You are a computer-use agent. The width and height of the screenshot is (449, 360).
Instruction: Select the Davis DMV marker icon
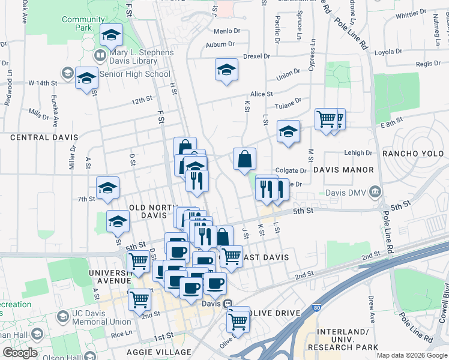coord(376,193)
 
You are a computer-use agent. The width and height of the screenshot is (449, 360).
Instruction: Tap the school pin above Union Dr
coord(226,70)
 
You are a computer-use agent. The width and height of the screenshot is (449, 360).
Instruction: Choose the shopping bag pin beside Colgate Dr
coord(245,160)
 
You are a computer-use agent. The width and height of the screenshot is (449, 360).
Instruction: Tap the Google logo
coord(20,353)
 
